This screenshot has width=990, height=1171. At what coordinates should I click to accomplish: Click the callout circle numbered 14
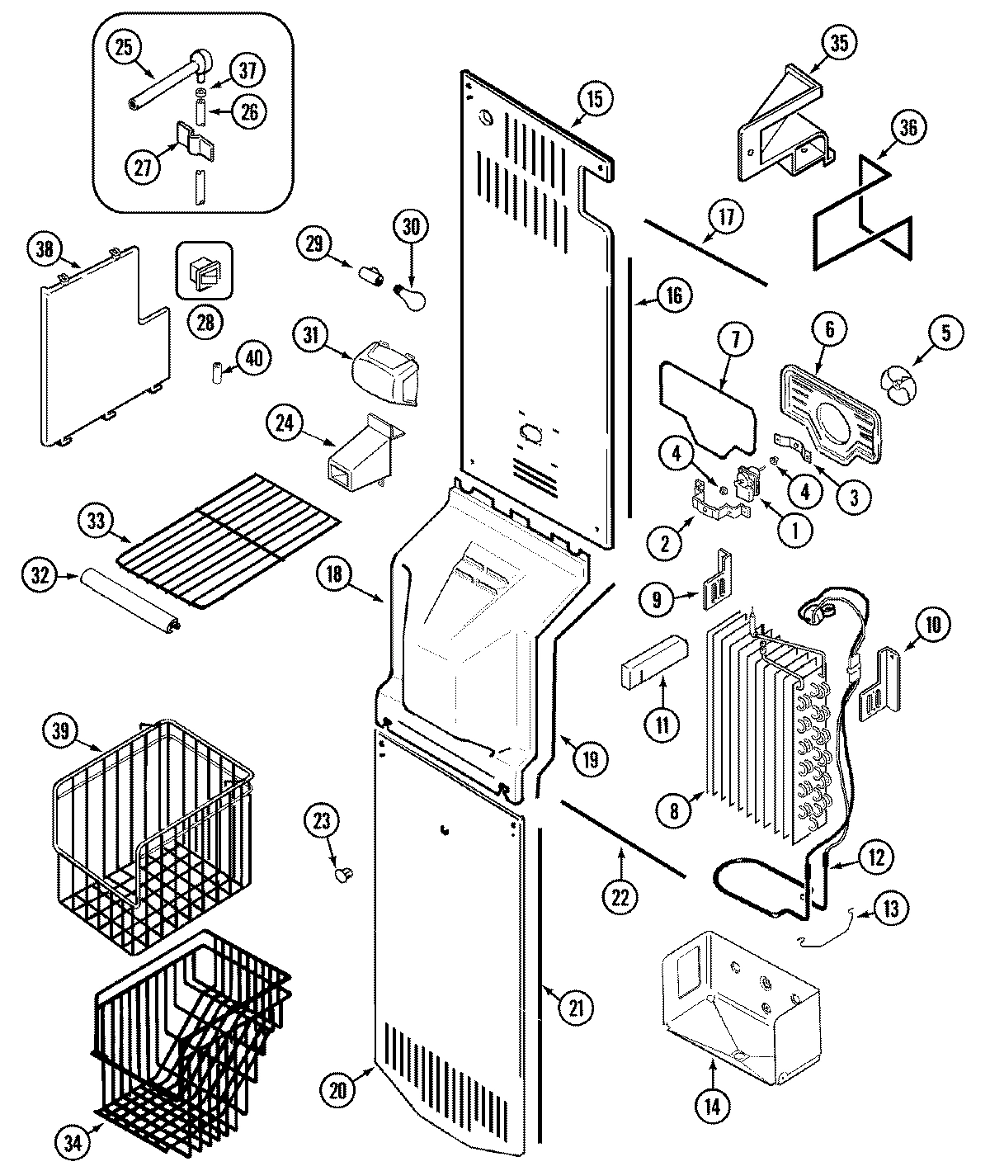713,1107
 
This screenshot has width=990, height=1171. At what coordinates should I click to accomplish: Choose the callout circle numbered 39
64,731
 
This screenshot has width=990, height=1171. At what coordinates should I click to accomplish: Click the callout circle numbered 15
595,98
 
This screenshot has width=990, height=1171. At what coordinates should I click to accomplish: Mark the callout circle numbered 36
907,128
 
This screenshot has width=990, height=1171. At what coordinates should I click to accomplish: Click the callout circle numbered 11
664,725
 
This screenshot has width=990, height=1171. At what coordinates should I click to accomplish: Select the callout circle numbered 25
123,47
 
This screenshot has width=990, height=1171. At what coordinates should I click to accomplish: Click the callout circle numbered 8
674,811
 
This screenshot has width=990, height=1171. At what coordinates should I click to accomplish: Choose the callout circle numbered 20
339,1090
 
